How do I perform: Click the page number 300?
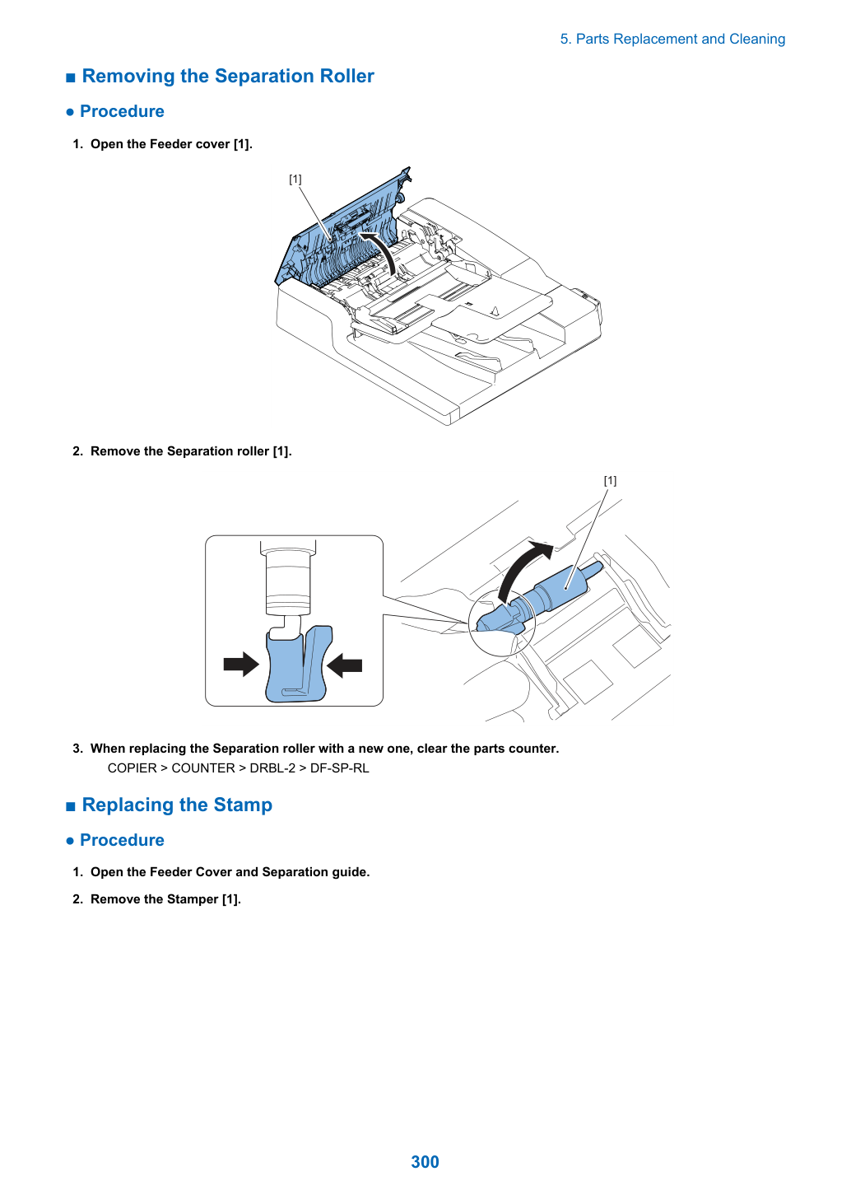click(425, 1161)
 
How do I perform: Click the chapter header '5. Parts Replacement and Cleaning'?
click(672, 40)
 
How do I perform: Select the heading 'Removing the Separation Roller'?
click(228, 76)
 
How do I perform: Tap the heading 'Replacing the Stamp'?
click(177, 805)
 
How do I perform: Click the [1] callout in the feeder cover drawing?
click(295, 179)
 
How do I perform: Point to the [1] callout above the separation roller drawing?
click(610, 480)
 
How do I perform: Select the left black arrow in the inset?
click(241, 664)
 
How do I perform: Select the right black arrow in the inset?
click(344, 665)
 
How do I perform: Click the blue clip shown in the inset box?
click(298, 665)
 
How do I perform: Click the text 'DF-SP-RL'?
click(340, 768)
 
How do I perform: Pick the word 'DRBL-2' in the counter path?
click(272, 768)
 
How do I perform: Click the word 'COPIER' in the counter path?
click(133, 768)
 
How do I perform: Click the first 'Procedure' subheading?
click(122, 111)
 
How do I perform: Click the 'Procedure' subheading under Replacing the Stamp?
click(122, 840)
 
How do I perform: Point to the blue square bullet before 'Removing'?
click(71, 78)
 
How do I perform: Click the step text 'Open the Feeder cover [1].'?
click(171, 144)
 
